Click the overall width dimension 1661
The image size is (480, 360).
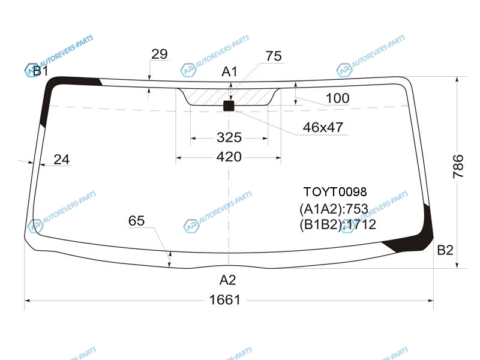[x=224, y=299]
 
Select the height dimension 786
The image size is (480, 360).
[x=458, y=166]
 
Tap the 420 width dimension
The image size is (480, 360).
[x=229, y=157]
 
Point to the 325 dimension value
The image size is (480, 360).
[x=229, y=137]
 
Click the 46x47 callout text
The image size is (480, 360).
[x=323, y=127]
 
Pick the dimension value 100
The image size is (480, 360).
[x=337, y=98]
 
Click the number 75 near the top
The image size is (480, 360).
[x=274, y=56]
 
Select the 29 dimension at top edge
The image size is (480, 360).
[x=160, y=54]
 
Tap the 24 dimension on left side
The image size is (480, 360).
[x=62, y=160]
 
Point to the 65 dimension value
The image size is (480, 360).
[x=136, y=221]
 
